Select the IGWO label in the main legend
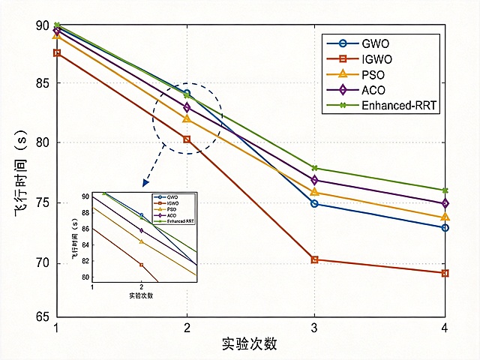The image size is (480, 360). (x=376, y=59)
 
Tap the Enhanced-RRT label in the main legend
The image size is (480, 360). (x=399, y=105)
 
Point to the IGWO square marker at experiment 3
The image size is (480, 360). (x=314, y=259)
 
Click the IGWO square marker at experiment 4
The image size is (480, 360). (x=445, y=273)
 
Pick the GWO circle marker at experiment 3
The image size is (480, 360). (x=314, y=203)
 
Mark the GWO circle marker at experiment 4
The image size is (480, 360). (x=445, y=228)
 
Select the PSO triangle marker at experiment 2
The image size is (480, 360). (x=187, y=118)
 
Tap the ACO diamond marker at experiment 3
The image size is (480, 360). (x=314, y=180)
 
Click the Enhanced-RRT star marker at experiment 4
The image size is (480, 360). (x=445, y=190)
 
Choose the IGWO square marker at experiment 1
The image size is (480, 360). (x=57, y=53)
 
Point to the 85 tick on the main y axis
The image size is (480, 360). (x=42, y=83)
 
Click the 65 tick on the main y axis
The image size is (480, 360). (x=42, y=316)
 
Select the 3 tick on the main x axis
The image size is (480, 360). (x=314, y=328)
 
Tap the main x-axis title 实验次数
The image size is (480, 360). (x=250, y=343)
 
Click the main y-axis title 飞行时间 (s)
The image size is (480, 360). (x=21, y=173)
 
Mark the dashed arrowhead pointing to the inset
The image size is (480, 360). (x=145, y=183)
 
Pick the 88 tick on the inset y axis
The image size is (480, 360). (x=85, y=212)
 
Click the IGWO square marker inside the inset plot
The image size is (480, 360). (x=142, y=265)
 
